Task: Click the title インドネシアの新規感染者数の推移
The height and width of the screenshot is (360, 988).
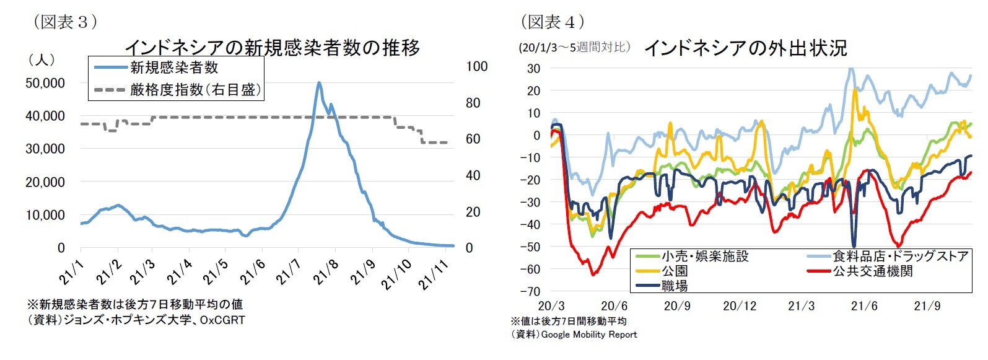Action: tap(273, 47)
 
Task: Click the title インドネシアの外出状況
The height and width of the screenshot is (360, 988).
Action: tap(746, 48)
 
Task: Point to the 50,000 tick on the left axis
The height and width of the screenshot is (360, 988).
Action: tap(45, 83)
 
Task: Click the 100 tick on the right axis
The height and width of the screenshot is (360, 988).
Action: tap(476, 66)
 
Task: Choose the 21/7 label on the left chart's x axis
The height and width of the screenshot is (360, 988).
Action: tap(289, 272)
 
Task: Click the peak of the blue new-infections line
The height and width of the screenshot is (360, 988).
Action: tap(318, 82)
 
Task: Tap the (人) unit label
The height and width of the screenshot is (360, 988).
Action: tap(42, 59)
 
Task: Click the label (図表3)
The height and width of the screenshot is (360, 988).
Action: tap(64, 22)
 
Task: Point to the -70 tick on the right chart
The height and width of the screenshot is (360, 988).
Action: tap(533, 291)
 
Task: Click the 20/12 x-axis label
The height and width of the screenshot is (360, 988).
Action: tap(740, 306)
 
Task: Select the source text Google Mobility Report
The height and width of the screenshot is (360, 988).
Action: tap(588, 335)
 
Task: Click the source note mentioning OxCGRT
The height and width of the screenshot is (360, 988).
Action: tap(136, 320)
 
